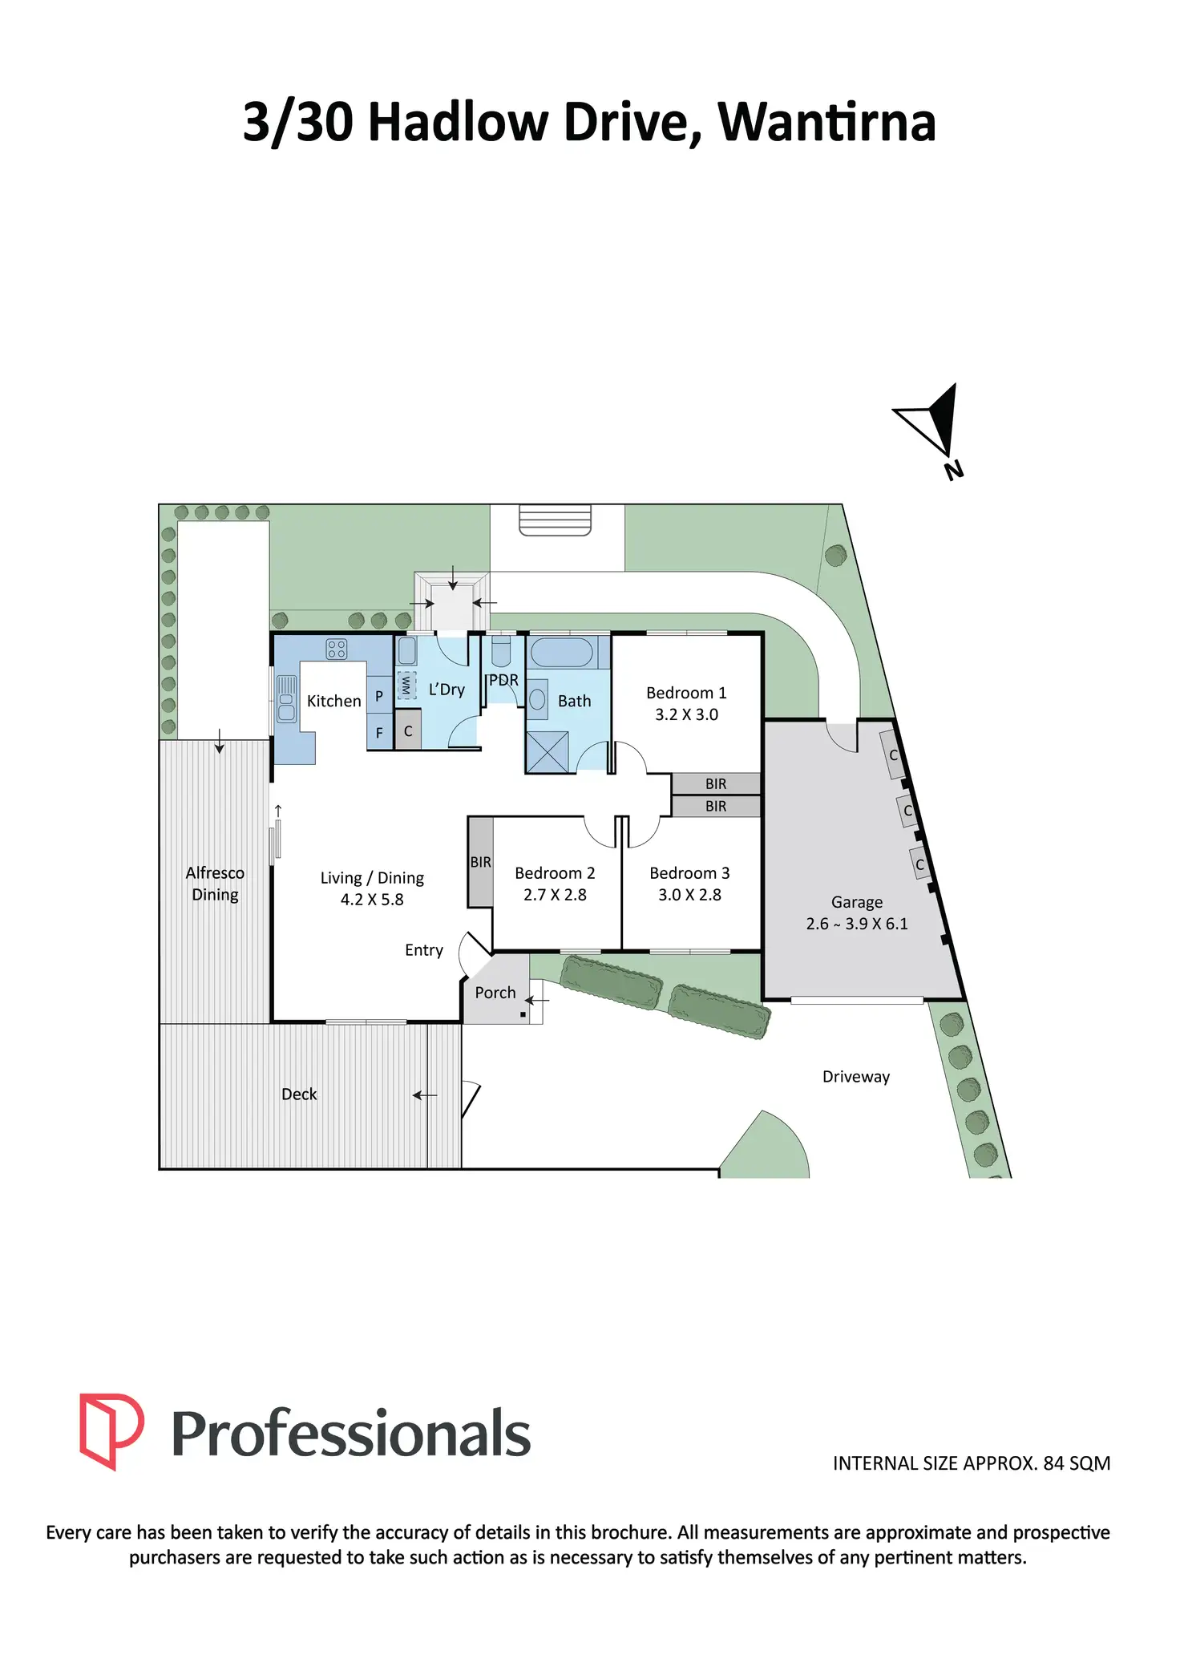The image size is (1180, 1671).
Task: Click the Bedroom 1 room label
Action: [686, 693]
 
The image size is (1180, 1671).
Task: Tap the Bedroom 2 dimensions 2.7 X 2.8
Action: [555, 895]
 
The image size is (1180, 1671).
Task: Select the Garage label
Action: [857, 902]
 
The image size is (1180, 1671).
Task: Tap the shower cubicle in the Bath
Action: [548, 753]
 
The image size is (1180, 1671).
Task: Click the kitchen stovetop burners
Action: [337, 649]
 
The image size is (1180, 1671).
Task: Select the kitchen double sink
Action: [286, 699]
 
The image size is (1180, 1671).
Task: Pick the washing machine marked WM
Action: [406, 685]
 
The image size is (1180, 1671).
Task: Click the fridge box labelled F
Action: [379, 732]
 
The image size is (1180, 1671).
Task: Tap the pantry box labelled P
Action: [379, 695]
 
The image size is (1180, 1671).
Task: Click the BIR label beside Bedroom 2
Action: [480, 862]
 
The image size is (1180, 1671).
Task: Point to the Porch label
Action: [495, 993]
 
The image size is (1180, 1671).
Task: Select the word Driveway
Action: [856, 1077]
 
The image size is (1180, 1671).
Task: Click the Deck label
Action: [299, 1094]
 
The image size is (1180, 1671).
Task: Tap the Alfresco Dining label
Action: [215, 884]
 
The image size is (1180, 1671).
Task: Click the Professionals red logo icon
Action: [111, 1431]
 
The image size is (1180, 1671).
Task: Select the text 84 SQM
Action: [1077, 1463]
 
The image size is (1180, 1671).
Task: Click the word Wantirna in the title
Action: [826, 123]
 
